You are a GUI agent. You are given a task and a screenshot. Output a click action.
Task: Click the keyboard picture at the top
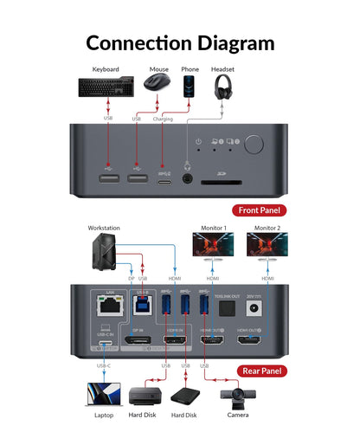[x=107, y=87]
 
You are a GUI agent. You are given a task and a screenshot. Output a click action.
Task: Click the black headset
[x=223, y=87]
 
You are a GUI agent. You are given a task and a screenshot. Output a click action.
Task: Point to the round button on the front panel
[x=254, y=145]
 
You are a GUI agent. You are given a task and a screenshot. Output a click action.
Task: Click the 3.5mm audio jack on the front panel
[x=187, y=179]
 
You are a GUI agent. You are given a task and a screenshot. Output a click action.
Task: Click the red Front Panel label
[x=258, y=210]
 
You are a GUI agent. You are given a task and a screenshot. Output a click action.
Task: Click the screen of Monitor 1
[x=214, y=246]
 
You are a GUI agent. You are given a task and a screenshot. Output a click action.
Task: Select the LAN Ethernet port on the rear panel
[x=108, y=306]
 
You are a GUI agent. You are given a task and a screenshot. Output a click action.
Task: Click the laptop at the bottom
[x=104, y=397]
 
